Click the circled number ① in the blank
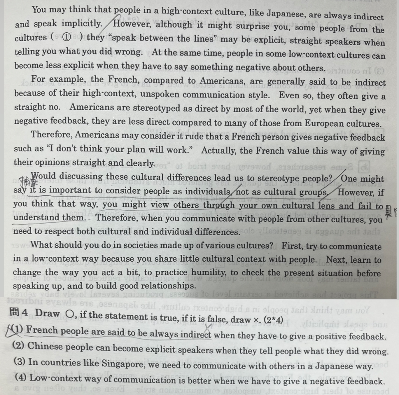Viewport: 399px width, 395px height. (67, 38)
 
